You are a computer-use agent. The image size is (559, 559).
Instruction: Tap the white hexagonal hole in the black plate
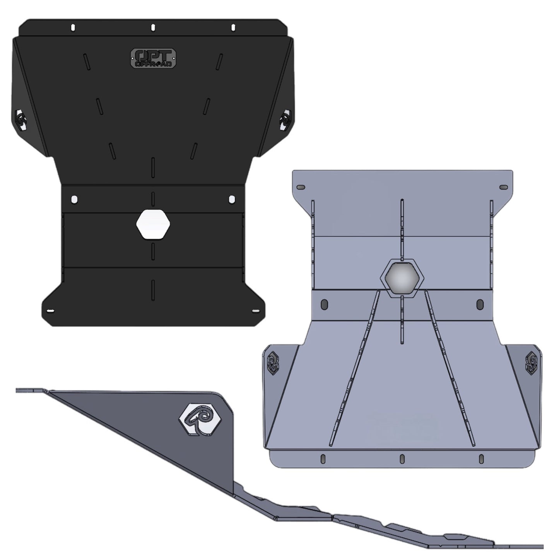click(x=153, y=224)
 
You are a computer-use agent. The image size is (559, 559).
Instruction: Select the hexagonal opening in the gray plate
click(x=402, y=277)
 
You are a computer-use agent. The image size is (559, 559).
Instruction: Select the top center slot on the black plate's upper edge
click(x=153, y=27)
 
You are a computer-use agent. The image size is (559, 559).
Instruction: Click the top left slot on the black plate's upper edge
click(x=73, y=27)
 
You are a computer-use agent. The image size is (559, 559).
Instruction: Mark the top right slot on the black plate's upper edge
click(x=233, y=27)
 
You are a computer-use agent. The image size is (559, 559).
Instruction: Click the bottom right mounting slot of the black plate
click(x=255, y=311)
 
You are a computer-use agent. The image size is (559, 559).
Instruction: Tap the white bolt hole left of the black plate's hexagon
click(x=74, y=199)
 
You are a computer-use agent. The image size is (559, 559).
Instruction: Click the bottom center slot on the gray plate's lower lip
click(x=402, y=459)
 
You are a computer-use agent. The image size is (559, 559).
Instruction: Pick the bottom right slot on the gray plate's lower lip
click(x=481, y=459)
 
